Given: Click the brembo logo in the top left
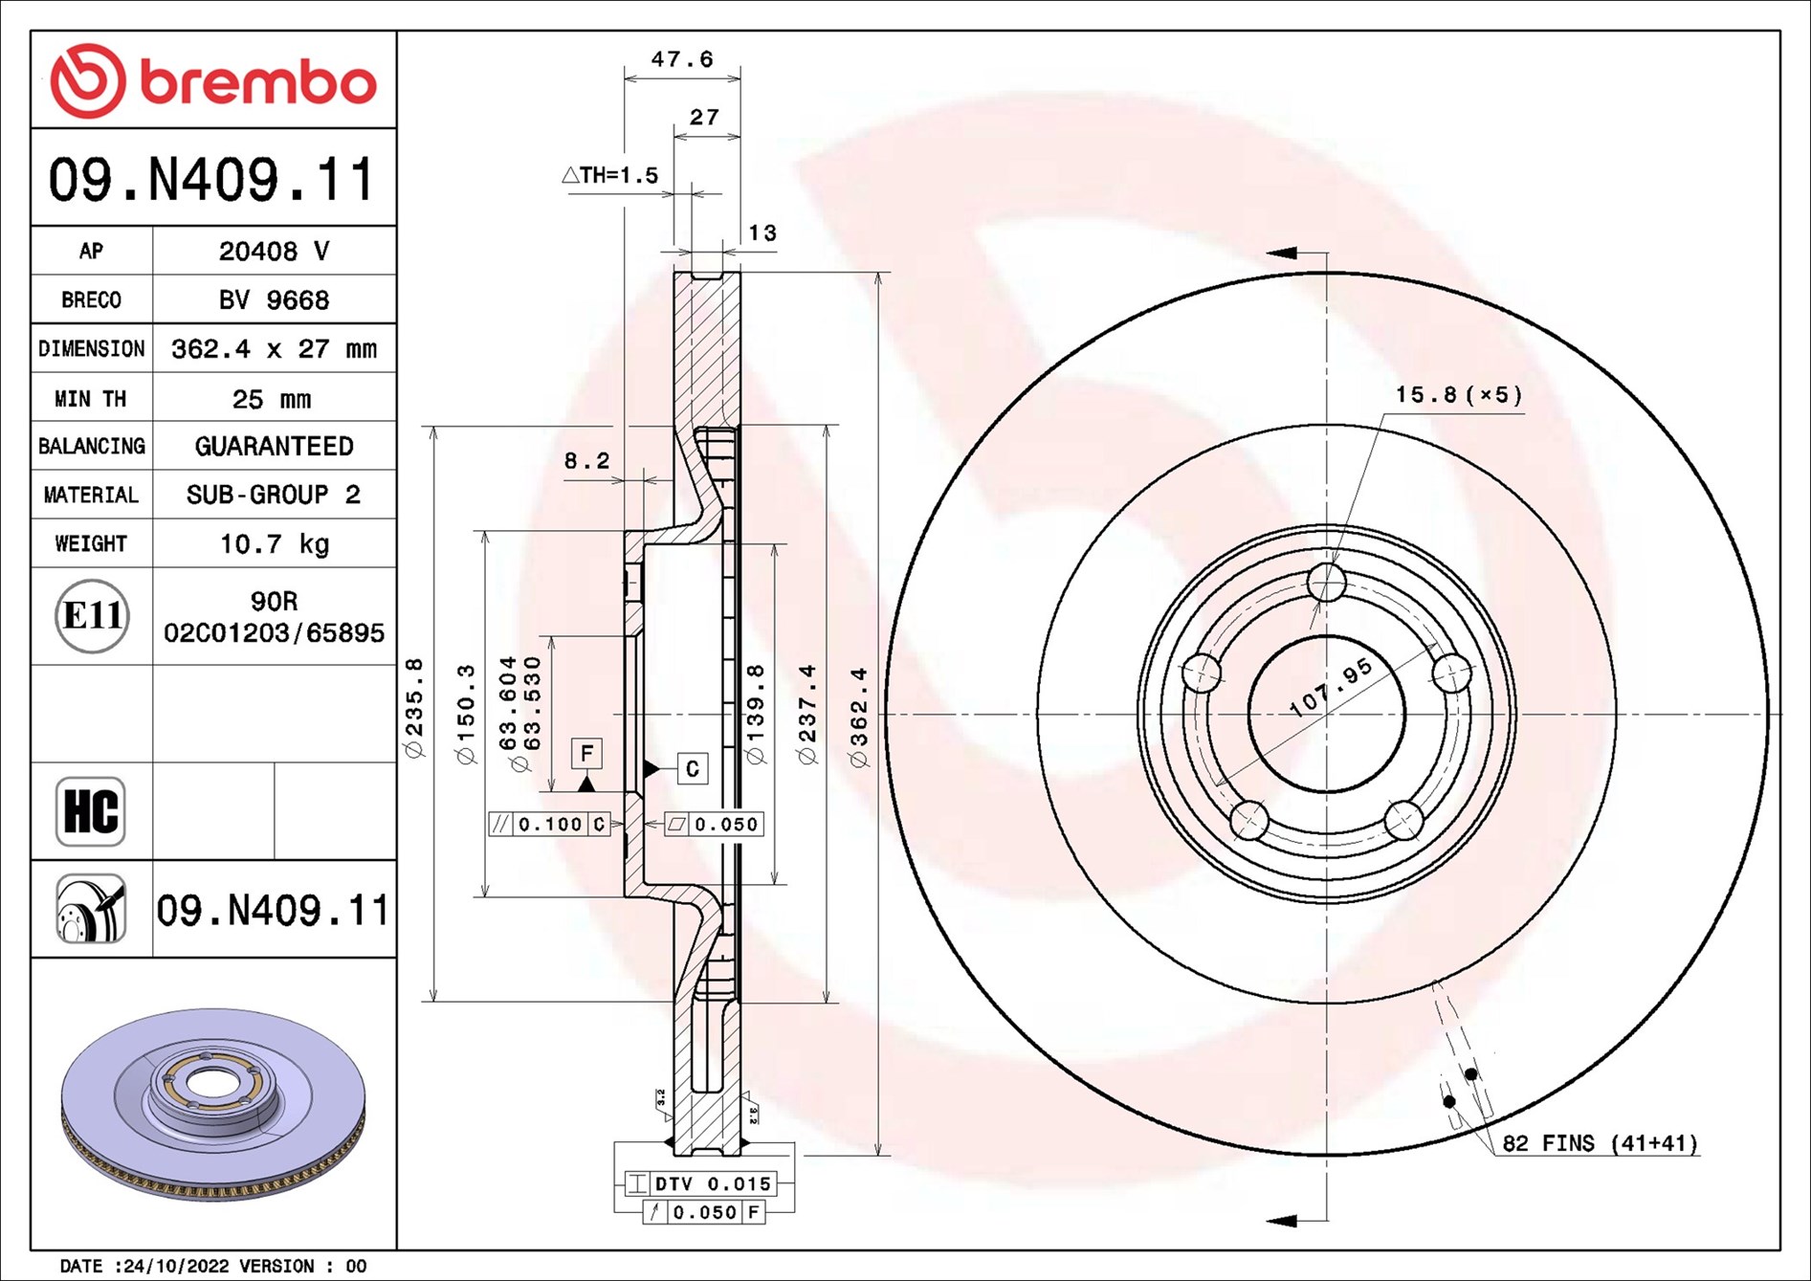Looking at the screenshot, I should pos(212,81).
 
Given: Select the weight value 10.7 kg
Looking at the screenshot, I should pos(274,544).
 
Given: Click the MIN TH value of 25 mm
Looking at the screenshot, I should pos(272,399).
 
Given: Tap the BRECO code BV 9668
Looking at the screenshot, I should pos(274,300).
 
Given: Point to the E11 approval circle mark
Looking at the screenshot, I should pos(92,616).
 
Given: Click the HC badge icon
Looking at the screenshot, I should pos(91,811).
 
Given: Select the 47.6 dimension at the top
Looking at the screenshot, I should pos(681,59).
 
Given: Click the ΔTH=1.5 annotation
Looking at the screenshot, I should pos(610,175).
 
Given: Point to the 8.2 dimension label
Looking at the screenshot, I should pos(585,461).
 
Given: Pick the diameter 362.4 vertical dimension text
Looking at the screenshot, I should pos(859,718).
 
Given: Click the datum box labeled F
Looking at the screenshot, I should pos(586,754).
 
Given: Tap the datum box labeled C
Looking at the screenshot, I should pos(692,768).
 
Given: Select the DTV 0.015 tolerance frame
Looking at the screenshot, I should pos(700,1183).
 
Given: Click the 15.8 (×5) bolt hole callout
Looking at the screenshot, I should pos(1458,395).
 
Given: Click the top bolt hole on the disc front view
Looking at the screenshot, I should pos(1326,582).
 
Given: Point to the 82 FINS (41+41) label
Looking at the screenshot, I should pos(1600,1143).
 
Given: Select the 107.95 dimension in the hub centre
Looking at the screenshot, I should pos(1331,688).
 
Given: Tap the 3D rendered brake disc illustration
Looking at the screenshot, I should pos(213,1105).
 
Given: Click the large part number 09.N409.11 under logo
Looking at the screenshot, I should pos(212,180).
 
